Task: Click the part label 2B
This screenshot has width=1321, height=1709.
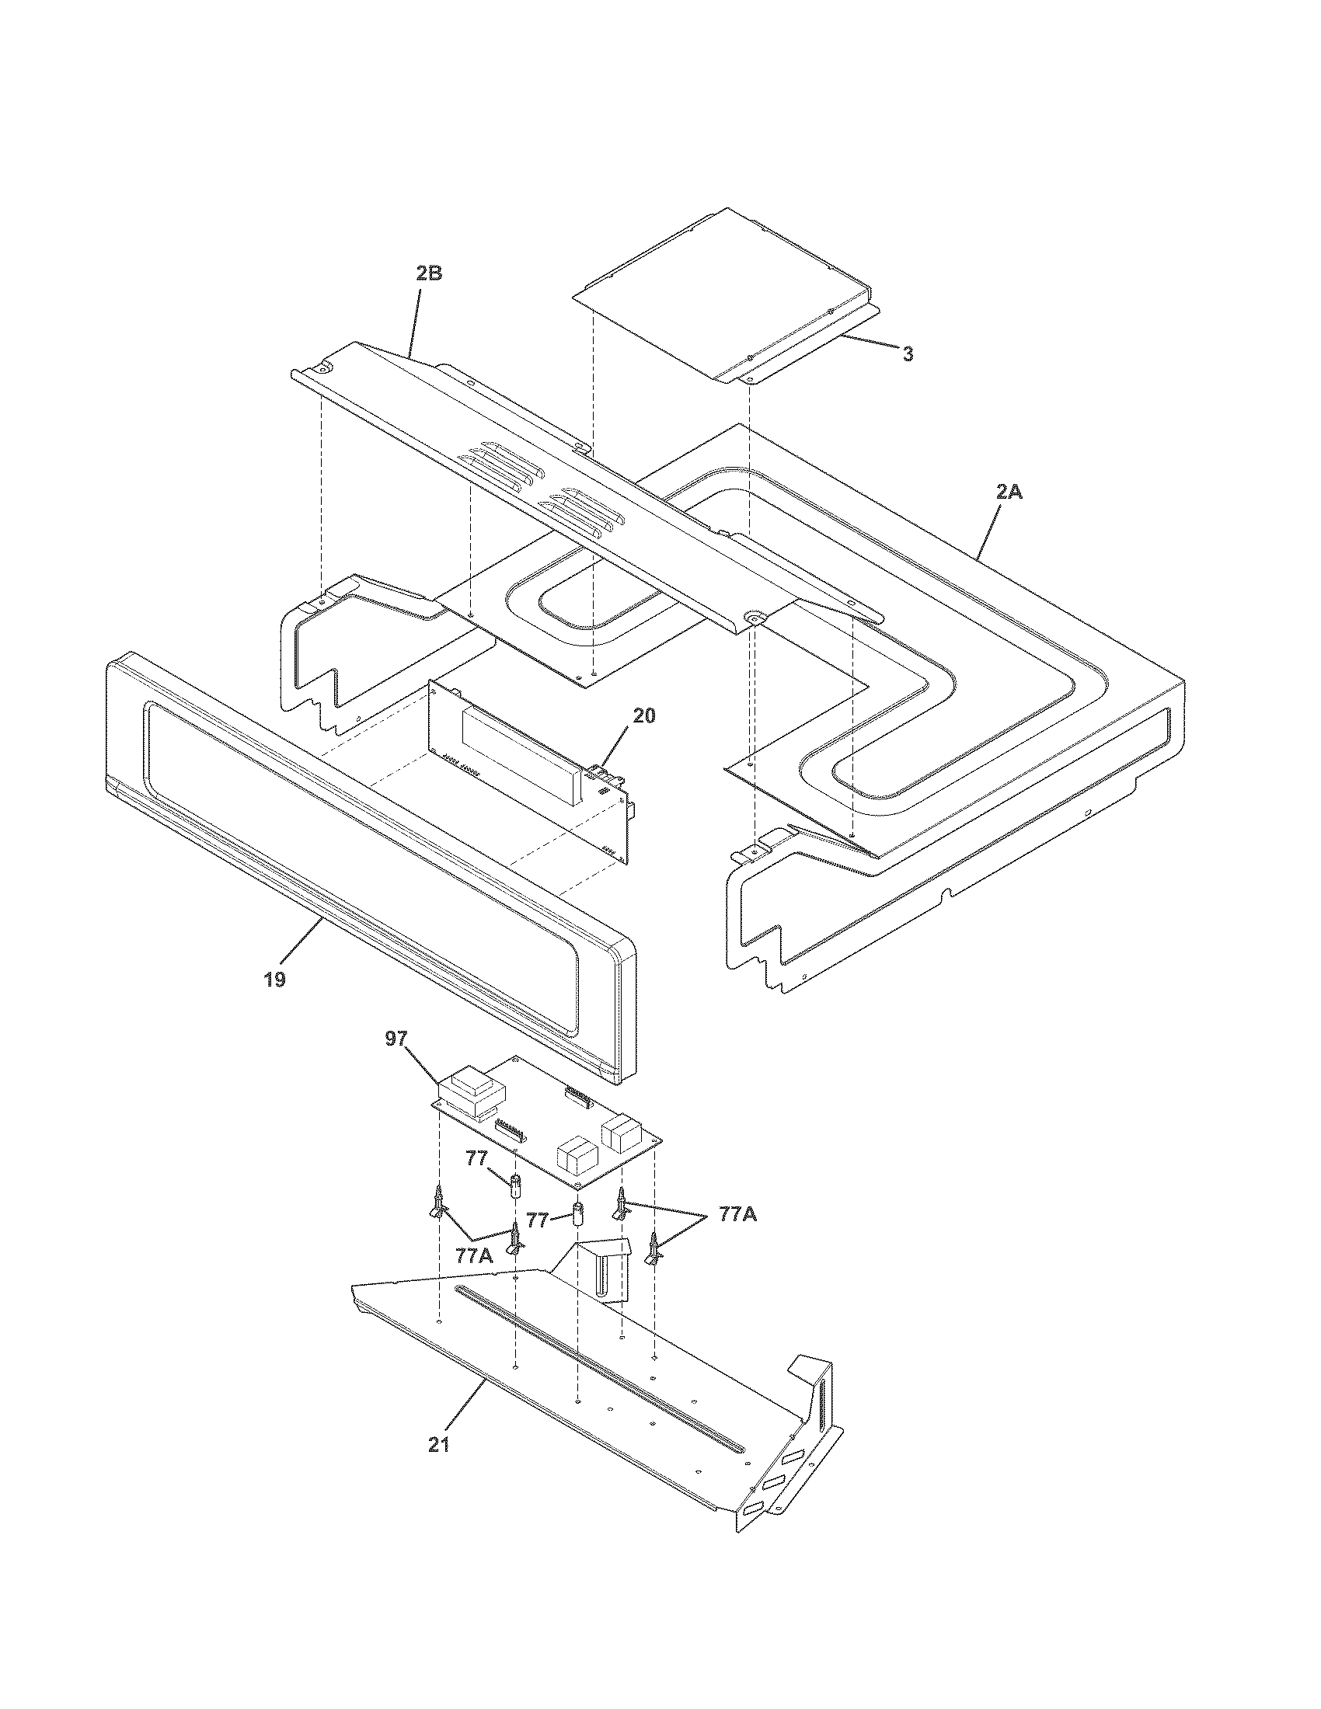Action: click(429, 273)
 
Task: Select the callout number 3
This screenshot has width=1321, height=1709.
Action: click(907, 354)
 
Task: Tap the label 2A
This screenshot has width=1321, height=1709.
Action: click(1009, 493)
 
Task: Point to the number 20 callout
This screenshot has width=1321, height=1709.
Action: click(644, 715)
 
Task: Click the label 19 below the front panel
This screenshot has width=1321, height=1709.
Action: click(274, 980)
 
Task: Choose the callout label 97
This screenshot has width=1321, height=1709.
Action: click(396, 1039)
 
